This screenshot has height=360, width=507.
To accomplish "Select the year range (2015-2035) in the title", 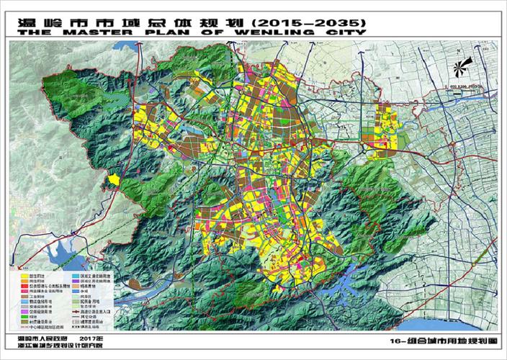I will (x=301, y=19).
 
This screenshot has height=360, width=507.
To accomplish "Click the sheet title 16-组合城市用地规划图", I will (x=439, y=340).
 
